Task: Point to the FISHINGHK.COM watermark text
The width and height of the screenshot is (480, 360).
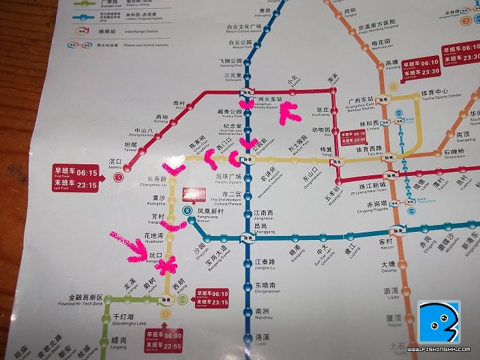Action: click(x=440, y=350)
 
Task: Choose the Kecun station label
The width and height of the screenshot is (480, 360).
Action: click(x=386, y=243)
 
